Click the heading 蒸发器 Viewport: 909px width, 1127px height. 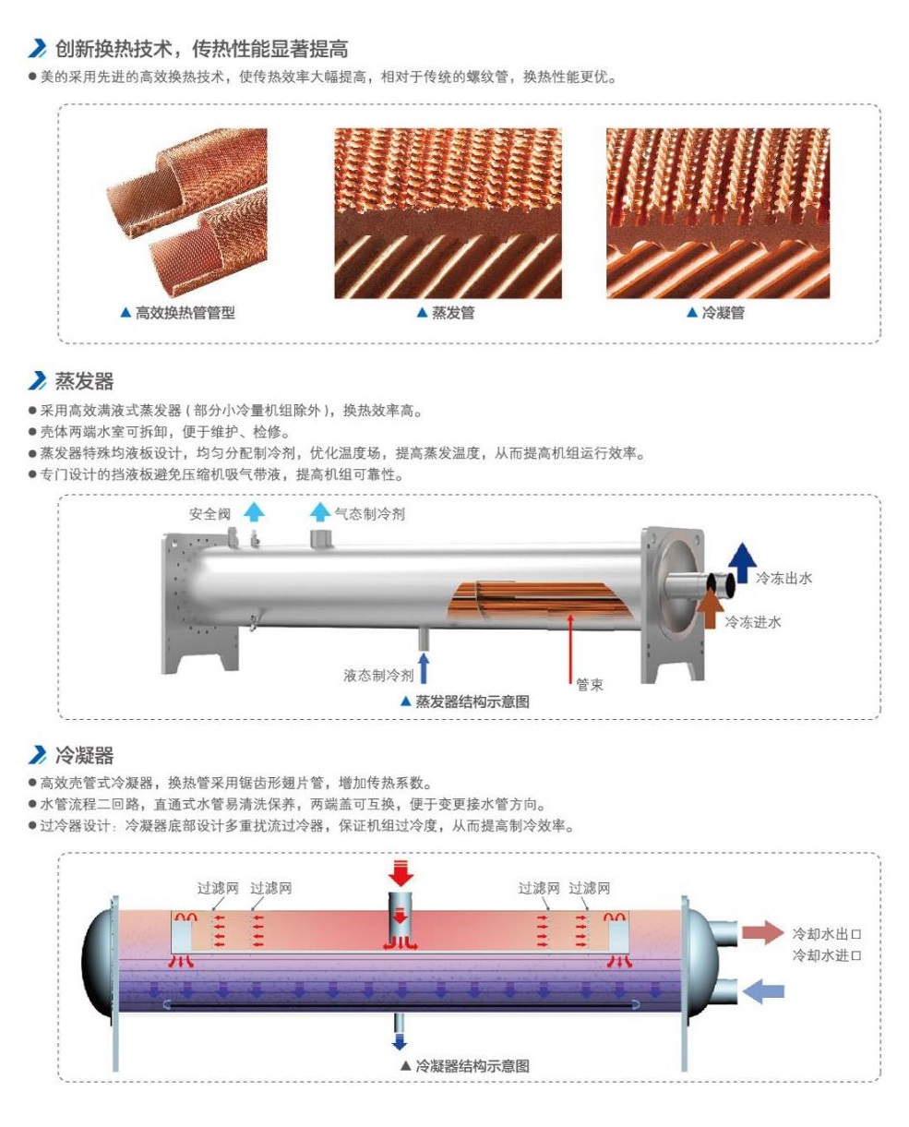(84, 381)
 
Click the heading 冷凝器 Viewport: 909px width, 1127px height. (84, 756)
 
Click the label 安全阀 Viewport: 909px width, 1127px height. (209, 514)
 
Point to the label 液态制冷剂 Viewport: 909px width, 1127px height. (377, 676)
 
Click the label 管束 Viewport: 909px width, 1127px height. (590, 686)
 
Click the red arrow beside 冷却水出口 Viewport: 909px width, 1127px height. (762, 931)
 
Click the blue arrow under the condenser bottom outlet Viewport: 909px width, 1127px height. (399, 1040)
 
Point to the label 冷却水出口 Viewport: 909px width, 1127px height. (827, 933)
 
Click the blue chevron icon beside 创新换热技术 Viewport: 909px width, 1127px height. (38, 49)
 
